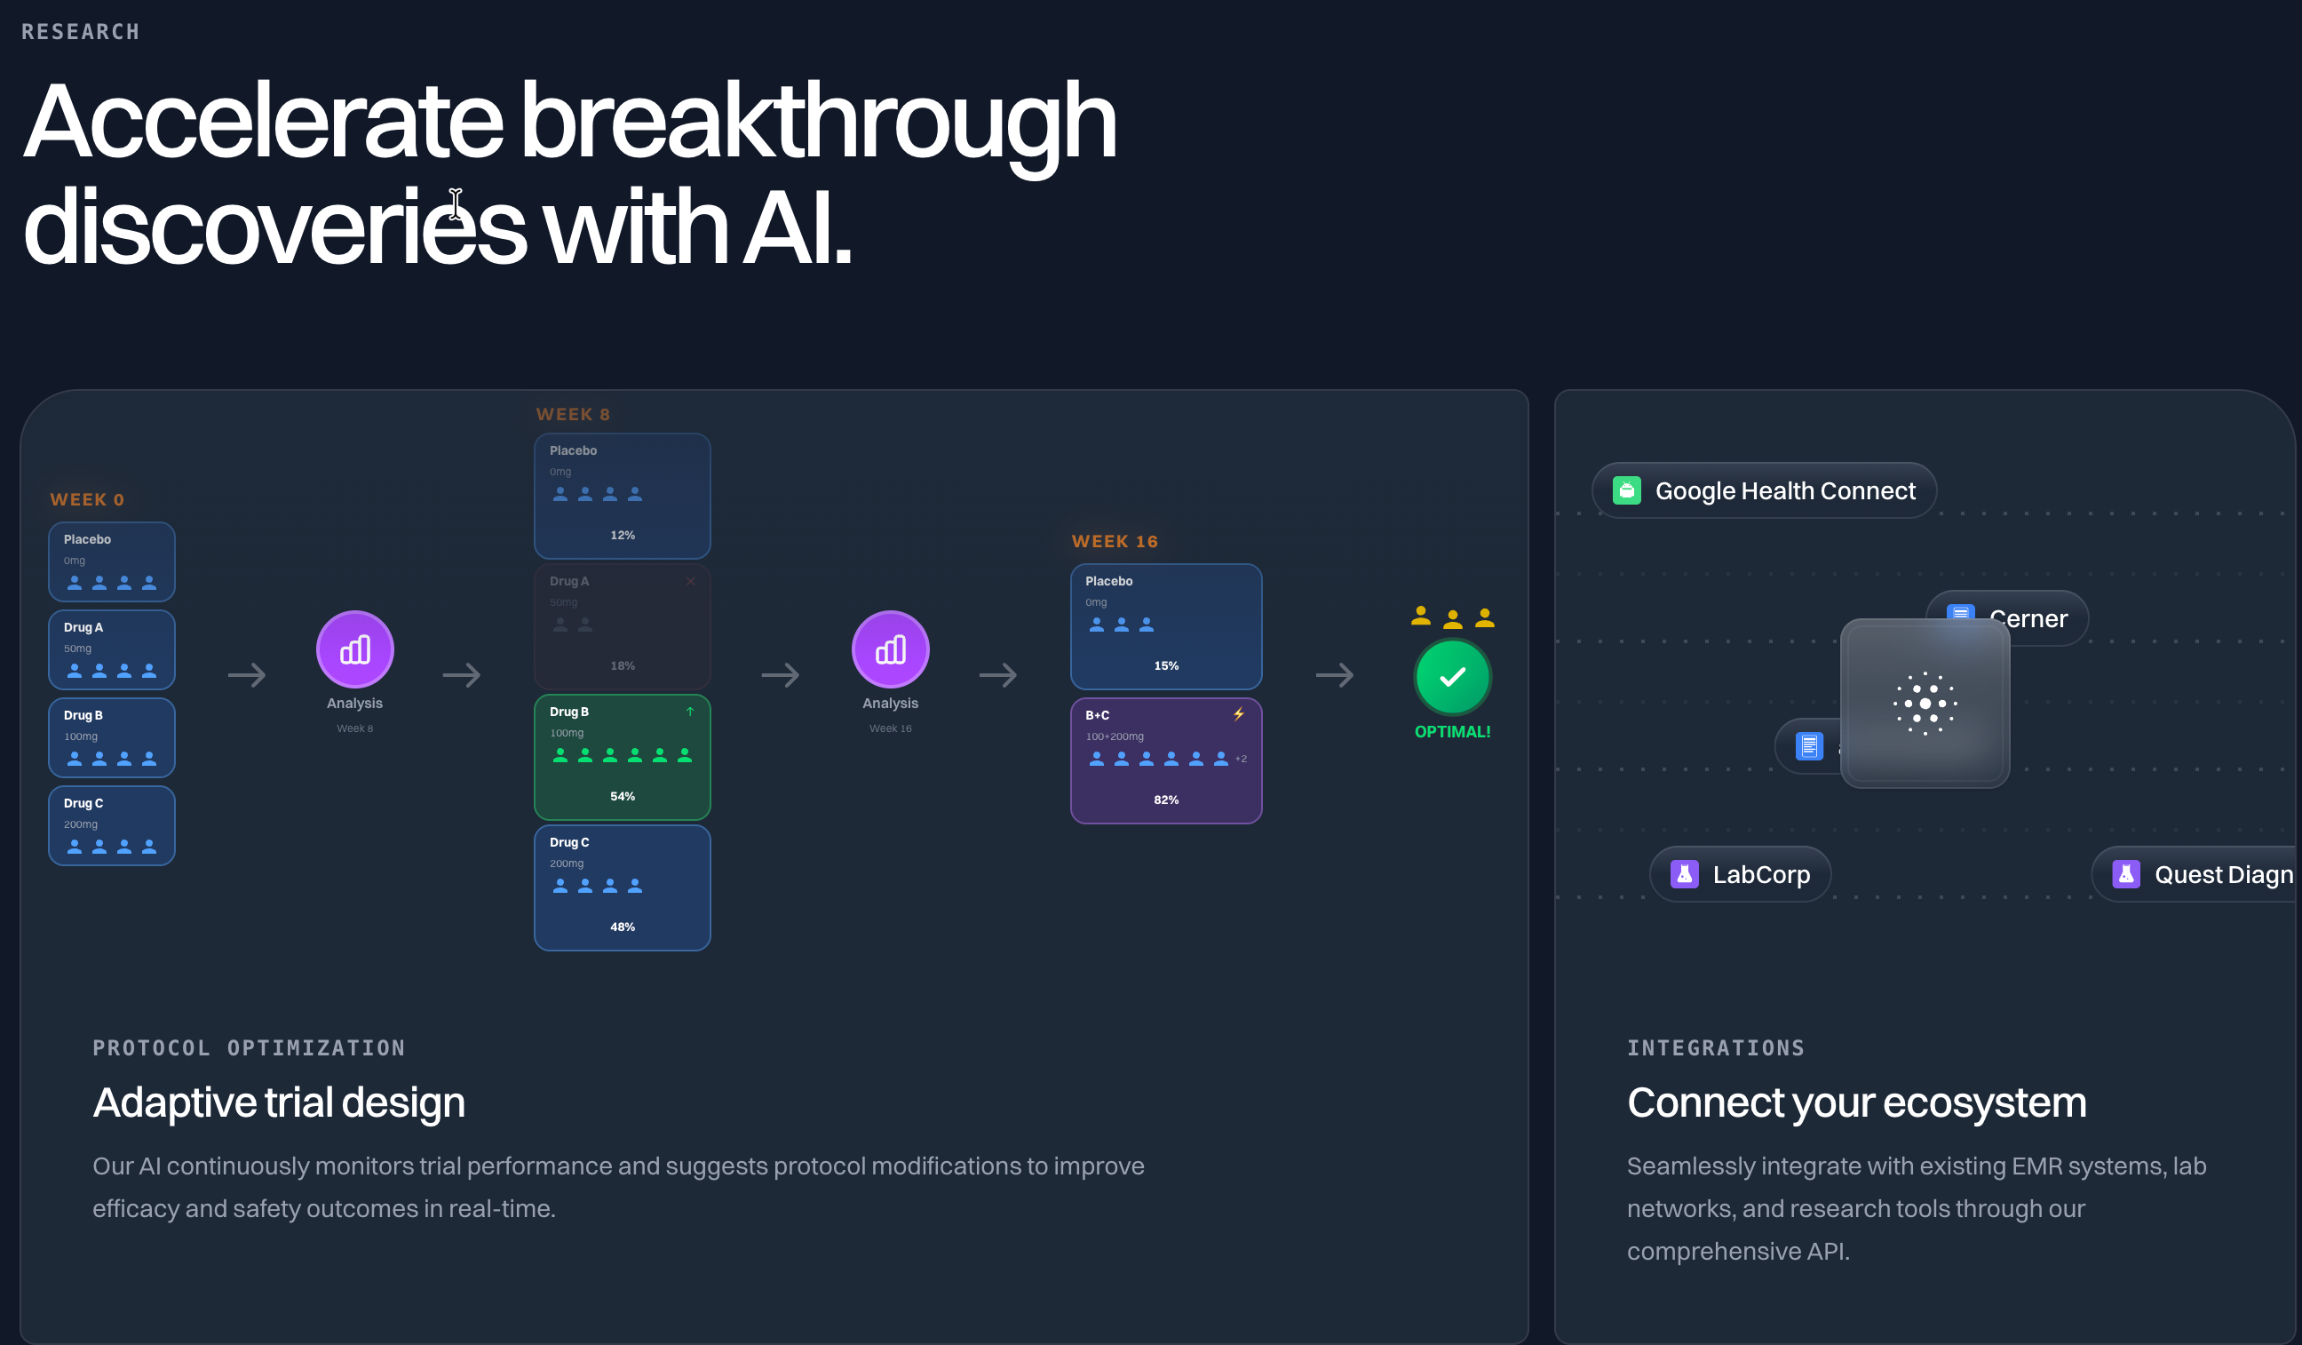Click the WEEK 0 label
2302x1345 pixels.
point(87,500)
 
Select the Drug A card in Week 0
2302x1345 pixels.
point(111,649)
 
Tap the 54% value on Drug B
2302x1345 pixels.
point(622,797)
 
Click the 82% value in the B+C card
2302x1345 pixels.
point(1165,800)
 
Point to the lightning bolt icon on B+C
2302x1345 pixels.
point(1239,714)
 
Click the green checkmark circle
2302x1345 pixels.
point(1451,677)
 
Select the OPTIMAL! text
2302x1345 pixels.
point(1451,732)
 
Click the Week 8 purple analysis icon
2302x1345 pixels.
point(354,649)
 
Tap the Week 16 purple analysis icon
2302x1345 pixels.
point(890,649)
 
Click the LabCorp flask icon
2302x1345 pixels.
point(1684,874)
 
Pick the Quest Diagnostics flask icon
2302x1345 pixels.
point(2125,874)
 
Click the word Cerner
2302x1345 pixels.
point(2028,618)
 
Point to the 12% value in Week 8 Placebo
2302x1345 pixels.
point(622,536)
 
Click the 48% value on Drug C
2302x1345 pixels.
point(622,927)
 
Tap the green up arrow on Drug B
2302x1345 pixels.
point(690,712)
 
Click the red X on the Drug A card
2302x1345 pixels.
point(691,581)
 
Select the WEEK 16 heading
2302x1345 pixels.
point(1115,542)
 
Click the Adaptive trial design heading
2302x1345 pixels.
point(279,1102)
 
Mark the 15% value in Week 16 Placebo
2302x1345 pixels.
point(1165,666)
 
